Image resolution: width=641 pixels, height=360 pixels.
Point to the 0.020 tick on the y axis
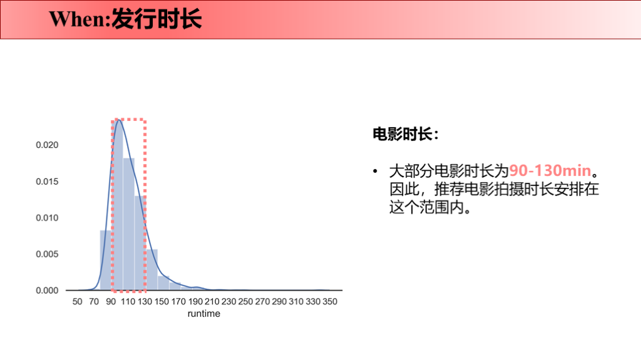click(46, 145)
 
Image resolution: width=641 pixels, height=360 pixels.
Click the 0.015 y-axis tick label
click(46, 182)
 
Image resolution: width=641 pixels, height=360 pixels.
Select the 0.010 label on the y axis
click(46, 218)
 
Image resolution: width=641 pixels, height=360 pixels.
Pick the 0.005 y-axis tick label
click(46, 254)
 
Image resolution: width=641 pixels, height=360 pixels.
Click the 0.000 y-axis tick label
click(46, 291)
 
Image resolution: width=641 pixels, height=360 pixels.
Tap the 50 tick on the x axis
click(78, 302)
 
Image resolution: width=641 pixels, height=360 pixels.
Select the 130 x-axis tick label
click(145, 302)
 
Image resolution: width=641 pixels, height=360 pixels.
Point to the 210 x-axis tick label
click(212, 302)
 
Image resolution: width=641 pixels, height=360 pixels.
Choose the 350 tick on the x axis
click(330, 302)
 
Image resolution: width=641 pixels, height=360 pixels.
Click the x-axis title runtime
click(204, 314)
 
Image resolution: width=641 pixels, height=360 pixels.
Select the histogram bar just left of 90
click(106, 260)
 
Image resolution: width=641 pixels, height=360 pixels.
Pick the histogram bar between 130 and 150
click(151, 270)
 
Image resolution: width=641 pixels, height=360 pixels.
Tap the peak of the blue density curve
click(118, 120)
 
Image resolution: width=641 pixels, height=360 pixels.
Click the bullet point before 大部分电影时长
click(376, 171)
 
